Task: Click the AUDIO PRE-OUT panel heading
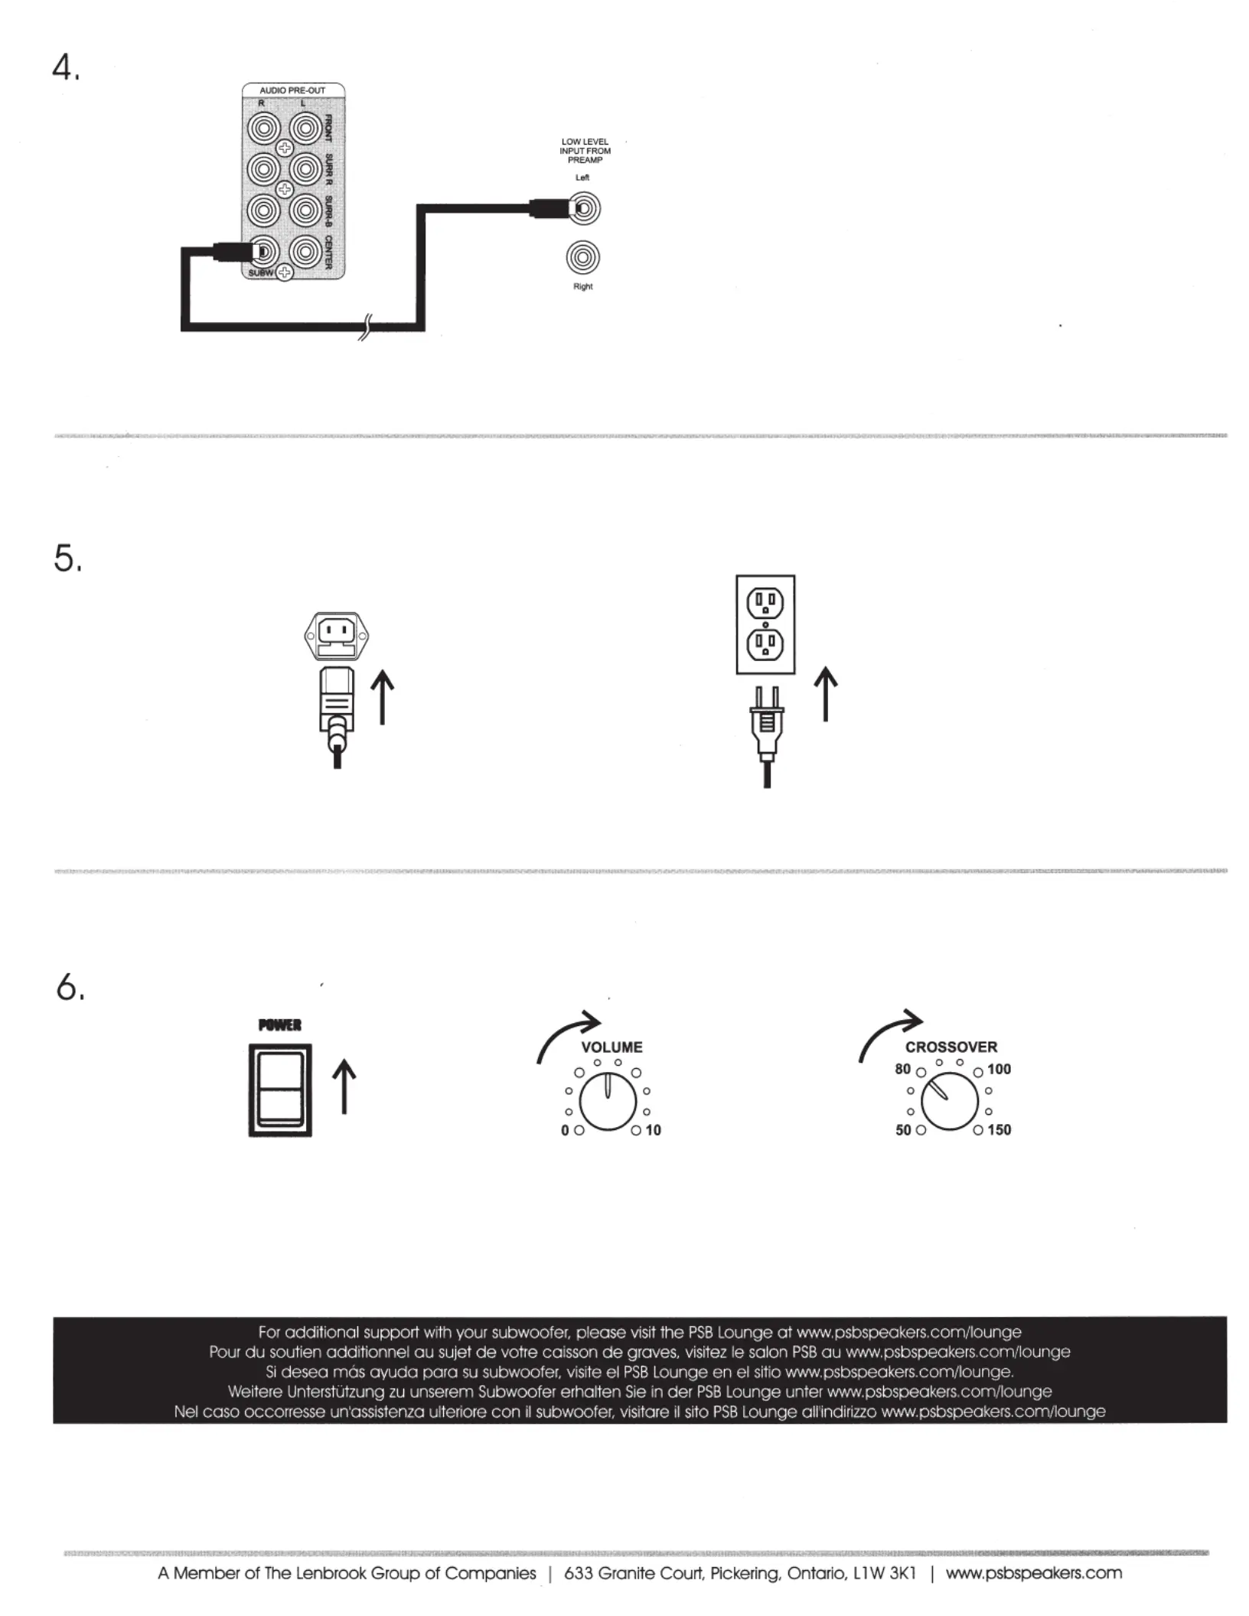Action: coord(292,90)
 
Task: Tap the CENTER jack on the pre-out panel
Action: coord(305,250)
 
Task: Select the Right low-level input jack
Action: coord(583,258)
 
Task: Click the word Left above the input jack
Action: coord(582,178)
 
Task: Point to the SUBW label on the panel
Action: coord(261,273)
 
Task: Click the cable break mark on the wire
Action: coord(365,327)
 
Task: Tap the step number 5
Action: coord(67,558)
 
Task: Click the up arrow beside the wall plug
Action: coord(825,693)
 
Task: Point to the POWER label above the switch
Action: coord(280,1025)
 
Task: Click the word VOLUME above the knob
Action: coord(611,1047)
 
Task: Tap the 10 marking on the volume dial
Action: coord(653,1130)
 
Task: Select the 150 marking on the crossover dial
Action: coord(999,1130)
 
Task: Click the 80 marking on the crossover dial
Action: coord(903,1069)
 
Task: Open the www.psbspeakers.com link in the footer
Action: coord(1034,1574)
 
